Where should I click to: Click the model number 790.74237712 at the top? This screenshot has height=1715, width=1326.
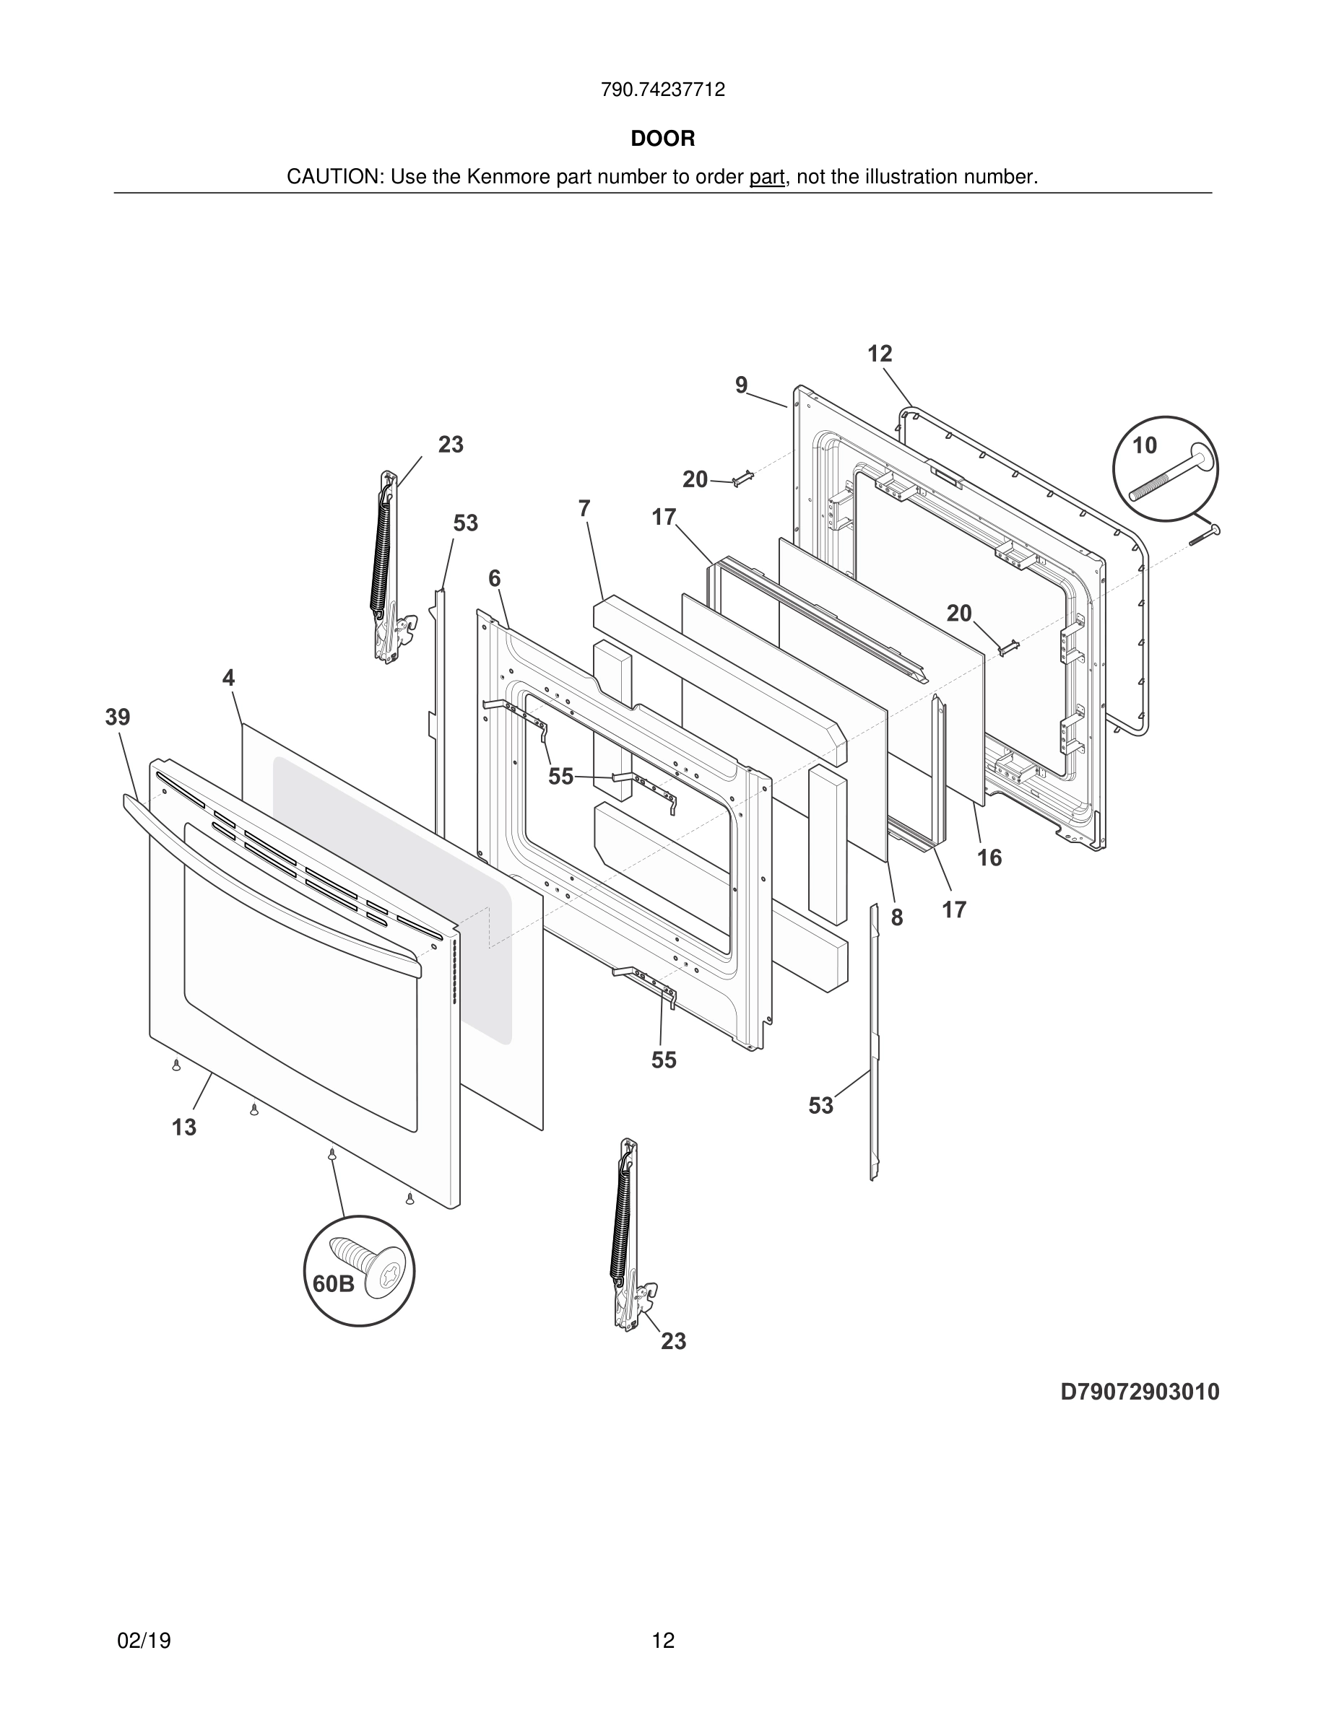pyautogui.click(x=662, y=90)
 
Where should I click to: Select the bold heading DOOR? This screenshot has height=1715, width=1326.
pyautogui.click(x=662, y=139)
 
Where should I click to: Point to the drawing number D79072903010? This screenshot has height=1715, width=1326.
pyautogui.click(x=1139, y=1392)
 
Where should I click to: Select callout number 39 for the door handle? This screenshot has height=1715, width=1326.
pyautogui.click(x=118, y=717)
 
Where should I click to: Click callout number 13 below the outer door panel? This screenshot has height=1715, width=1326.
pyautogui.click(x=184, y=1127)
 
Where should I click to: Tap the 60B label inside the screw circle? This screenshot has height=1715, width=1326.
pyautogui.click(x=333, y=1284)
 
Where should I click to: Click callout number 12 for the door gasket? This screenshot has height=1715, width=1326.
pyautogui.click(x=880, y=354)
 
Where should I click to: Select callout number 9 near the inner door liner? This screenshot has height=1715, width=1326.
pyautogui.click(x=741, y=385)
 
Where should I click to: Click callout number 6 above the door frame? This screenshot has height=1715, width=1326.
pyautogui.click(x=494, y=579)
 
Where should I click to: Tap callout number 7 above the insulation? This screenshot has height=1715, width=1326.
pyautogui.click(x=584, y=509)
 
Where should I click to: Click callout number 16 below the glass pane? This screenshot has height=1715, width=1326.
pyautogui.click(x=989, y=857)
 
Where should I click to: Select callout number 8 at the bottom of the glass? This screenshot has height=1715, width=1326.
pyautogui.click(x=896, y=917)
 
